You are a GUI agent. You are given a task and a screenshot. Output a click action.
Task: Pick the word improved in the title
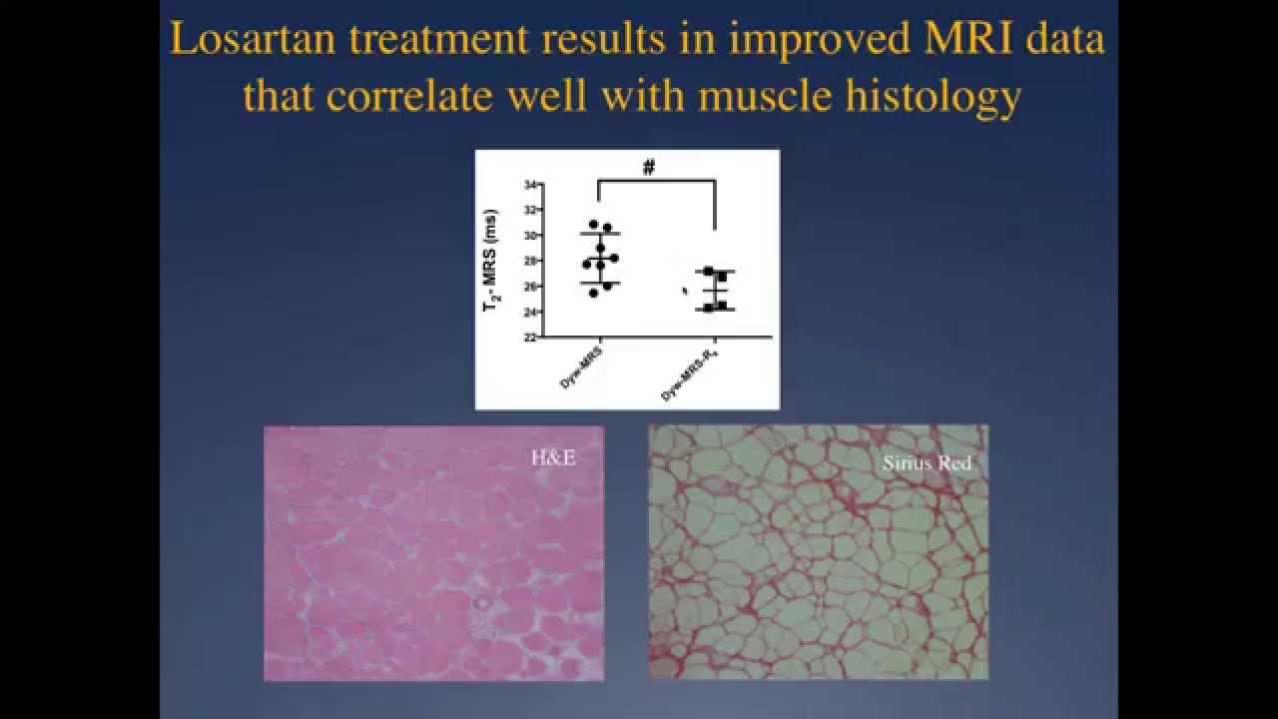point(786,42)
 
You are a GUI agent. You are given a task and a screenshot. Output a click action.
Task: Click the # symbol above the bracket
point(649,168)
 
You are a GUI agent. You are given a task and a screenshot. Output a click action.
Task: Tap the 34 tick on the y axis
point(529,185)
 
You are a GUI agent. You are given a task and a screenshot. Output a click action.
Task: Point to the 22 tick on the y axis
point(529,338)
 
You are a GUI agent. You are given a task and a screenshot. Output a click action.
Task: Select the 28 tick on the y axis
point(529,261)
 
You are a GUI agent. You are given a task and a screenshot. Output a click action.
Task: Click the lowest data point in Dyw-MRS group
point(566,293)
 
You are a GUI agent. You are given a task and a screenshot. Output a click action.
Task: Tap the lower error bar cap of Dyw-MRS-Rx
point(715,310)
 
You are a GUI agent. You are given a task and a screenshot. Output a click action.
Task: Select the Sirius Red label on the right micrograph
point(927,463)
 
